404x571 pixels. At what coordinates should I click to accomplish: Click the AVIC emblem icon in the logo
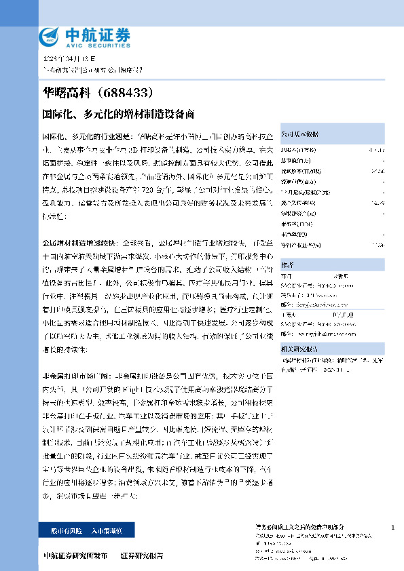pyautogui.click(x=49, y=35)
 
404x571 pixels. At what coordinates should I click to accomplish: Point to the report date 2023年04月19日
pyautogui.click(x=67, y=60)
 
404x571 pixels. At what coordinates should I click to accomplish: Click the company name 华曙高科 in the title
pyautogui.click(x=66, y=90)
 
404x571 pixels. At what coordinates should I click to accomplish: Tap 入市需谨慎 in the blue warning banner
pyautogui.click(x=109, y=529)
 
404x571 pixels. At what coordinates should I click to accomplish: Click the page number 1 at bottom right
pyautogui.click(x=393, y=527)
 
